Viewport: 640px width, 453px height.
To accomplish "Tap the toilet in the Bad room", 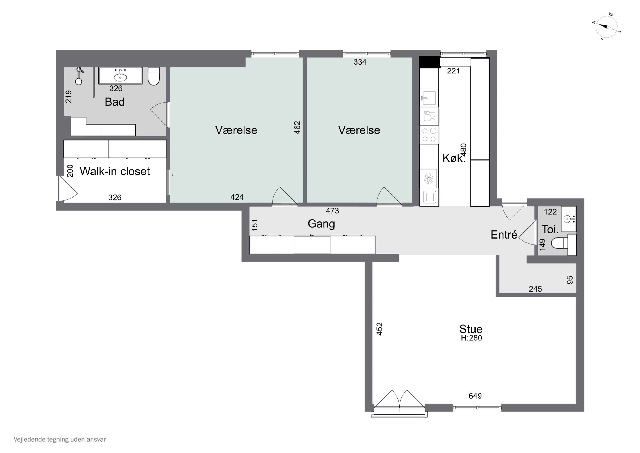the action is pyautogui.click(x=154, y=76).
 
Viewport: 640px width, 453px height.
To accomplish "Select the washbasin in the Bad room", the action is pyautogui.click(x=120, y=75).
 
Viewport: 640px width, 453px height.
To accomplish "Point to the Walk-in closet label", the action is pyautogui.click(x=115, y=171).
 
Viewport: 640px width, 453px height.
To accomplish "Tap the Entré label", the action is pyautogui.click(x=504, y=235).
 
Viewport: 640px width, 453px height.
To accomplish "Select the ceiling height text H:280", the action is pyautogui.click(x=471, y=338).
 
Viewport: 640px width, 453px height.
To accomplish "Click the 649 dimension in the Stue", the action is pyautogui.click(x=475, y=396).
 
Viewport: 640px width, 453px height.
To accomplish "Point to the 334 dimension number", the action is pyautogui.click(x=360, y=62).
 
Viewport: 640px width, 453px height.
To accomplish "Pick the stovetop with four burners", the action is pyautogui.click(x=429, y=135).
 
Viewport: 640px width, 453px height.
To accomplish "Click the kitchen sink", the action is pyautogui.click(x=429, y=98).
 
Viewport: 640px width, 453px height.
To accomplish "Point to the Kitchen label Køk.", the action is pyautogui.click(x=454, y=158).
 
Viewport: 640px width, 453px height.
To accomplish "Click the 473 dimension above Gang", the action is pyautogui.click(x=332, y=211).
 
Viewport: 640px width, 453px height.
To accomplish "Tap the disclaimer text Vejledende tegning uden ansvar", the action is pyautogui.click(x=60, y=440).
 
